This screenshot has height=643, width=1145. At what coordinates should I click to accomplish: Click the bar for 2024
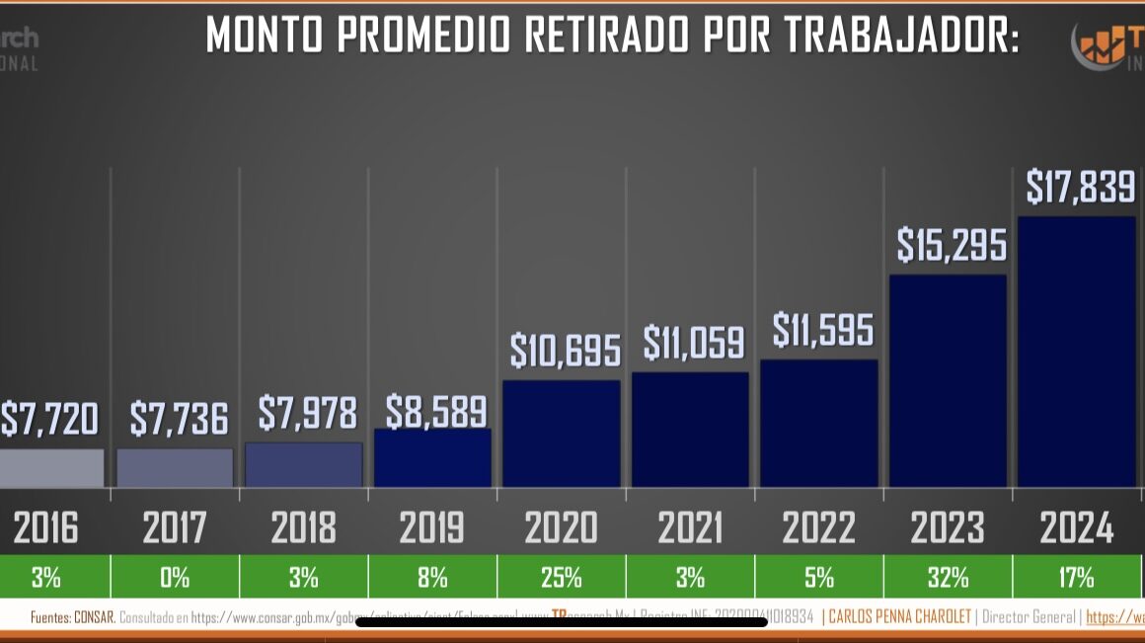coord(1076,352)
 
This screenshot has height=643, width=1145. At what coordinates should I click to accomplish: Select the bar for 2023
coord(948,380)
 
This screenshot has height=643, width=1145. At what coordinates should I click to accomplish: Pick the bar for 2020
coord(562,434)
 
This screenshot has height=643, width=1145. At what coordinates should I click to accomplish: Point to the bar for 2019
coord(432,457)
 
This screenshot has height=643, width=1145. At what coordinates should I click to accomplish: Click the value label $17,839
coord(1080,187)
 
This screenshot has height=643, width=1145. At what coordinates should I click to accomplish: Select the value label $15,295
coord(952,245)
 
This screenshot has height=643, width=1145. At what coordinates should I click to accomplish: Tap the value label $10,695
coord(566,351)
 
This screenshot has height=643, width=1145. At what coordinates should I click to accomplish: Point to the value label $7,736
coord(179,420)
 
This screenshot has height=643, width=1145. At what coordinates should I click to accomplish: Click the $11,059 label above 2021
coord(693,343)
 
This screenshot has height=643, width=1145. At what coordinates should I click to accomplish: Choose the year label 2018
coord(303,528)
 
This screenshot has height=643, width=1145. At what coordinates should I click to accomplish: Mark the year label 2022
coord(818,528)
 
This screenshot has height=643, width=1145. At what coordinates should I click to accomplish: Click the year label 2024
coord(1076,528)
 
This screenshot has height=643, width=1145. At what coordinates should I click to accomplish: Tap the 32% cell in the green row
coord(948,577)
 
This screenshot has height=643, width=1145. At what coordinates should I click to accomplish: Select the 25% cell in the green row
coord(561,577)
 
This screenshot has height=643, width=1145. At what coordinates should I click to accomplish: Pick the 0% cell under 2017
coord(175,577)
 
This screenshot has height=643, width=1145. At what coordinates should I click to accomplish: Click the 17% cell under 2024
coord(1076,577)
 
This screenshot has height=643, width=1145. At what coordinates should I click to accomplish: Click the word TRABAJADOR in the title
coord(903,37)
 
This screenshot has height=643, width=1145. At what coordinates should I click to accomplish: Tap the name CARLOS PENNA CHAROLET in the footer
coord(898,617)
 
